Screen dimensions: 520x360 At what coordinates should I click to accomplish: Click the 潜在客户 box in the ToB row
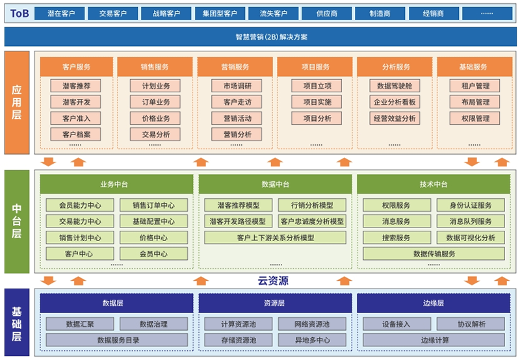(x=60, y=14)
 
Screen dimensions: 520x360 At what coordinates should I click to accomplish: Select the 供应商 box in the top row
(x=327, y=14)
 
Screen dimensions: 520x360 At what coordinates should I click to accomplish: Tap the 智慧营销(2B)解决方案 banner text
(x=271, y=37)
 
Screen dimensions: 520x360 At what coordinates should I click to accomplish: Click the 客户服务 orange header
(x=77, y=67)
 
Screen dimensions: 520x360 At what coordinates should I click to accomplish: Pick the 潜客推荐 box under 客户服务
(x=75, y=86)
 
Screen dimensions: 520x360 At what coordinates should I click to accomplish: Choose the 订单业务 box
(x=155, y=102)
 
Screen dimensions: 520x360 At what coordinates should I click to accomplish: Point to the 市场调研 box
(x=237, y=86)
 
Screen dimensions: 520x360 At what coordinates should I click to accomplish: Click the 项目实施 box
(x=317, y=102)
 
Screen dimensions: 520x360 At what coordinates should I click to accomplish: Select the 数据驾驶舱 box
(x=395, y=86)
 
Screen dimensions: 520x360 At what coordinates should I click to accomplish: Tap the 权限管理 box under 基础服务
(x=474, y=118)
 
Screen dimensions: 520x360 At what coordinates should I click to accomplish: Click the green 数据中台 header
(x=275, y=185)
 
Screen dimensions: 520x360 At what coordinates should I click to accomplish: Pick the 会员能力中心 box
(x=80, y=205)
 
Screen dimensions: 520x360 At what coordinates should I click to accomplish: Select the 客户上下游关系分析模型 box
(x=275, y=238)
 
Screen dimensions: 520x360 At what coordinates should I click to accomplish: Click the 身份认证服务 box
(x=471, y=205)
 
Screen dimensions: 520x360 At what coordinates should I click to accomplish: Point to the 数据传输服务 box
(x=434, y=254)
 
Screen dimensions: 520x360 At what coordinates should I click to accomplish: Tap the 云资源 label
(x=273, y=281)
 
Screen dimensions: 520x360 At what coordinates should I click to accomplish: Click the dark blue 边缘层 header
(x=434, y=303)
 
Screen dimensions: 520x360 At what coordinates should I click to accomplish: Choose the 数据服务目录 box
(x=117, y=340)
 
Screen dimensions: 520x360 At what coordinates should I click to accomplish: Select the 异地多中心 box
(x=312, y=340)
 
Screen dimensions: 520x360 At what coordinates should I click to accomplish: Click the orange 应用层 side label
(x=17, y=103)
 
